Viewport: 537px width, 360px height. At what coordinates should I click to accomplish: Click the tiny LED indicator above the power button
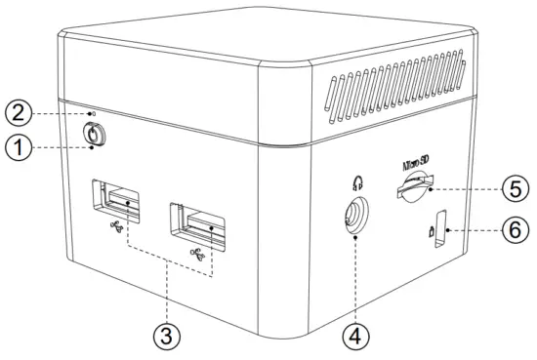point(93,114)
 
